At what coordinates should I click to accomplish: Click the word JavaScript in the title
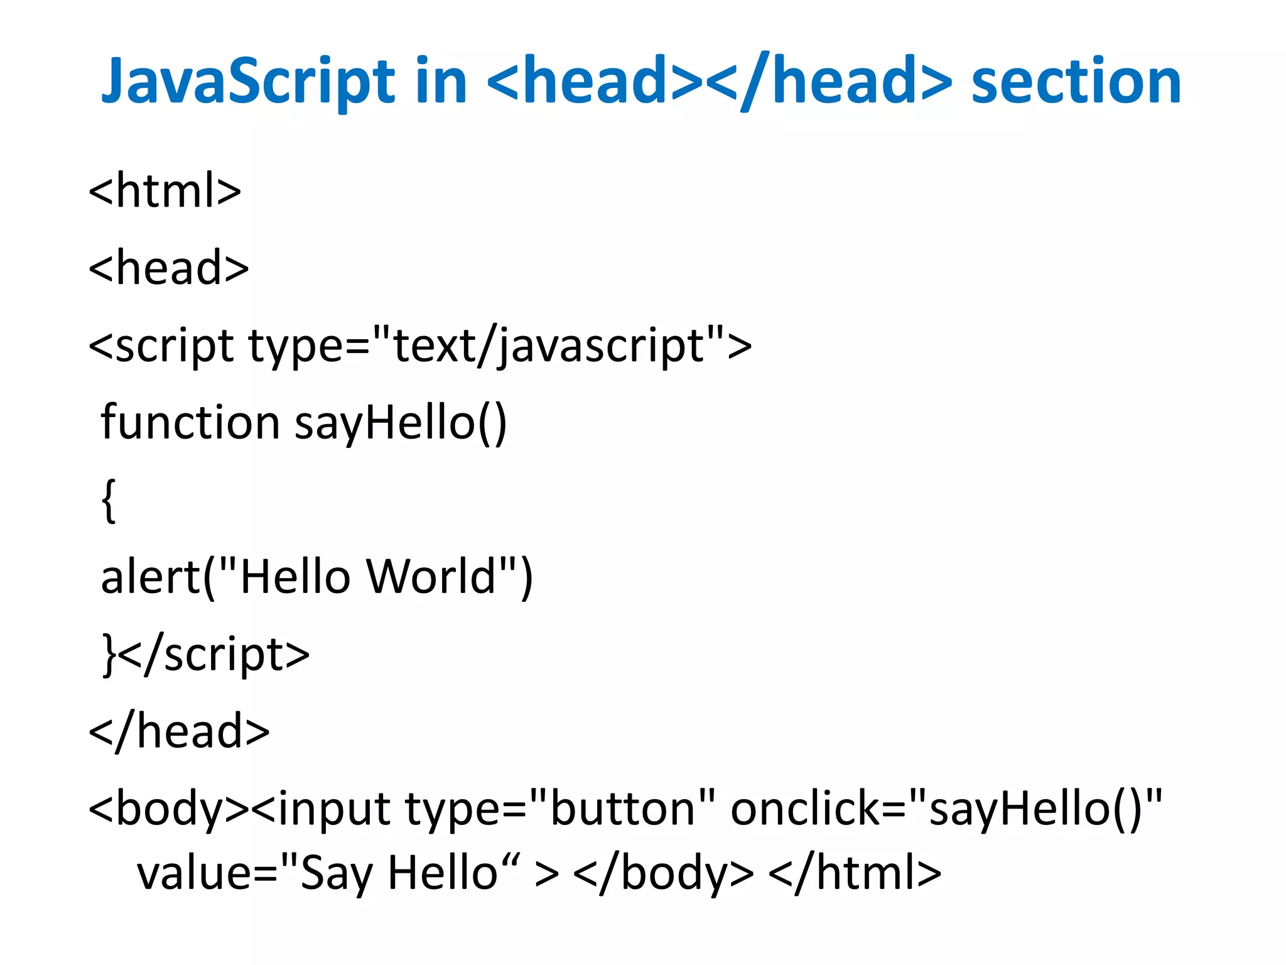click(248, 82)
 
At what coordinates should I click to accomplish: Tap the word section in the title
click(1076, 82)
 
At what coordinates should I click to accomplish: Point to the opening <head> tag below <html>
click(168, 268)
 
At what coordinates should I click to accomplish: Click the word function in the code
click(190, 422)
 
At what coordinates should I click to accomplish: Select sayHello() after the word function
click(401, 422)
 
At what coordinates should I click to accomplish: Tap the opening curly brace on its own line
click(109, 500)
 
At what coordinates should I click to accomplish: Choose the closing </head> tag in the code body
click(179, 732)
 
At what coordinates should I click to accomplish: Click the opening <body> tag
click(169, 809)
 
